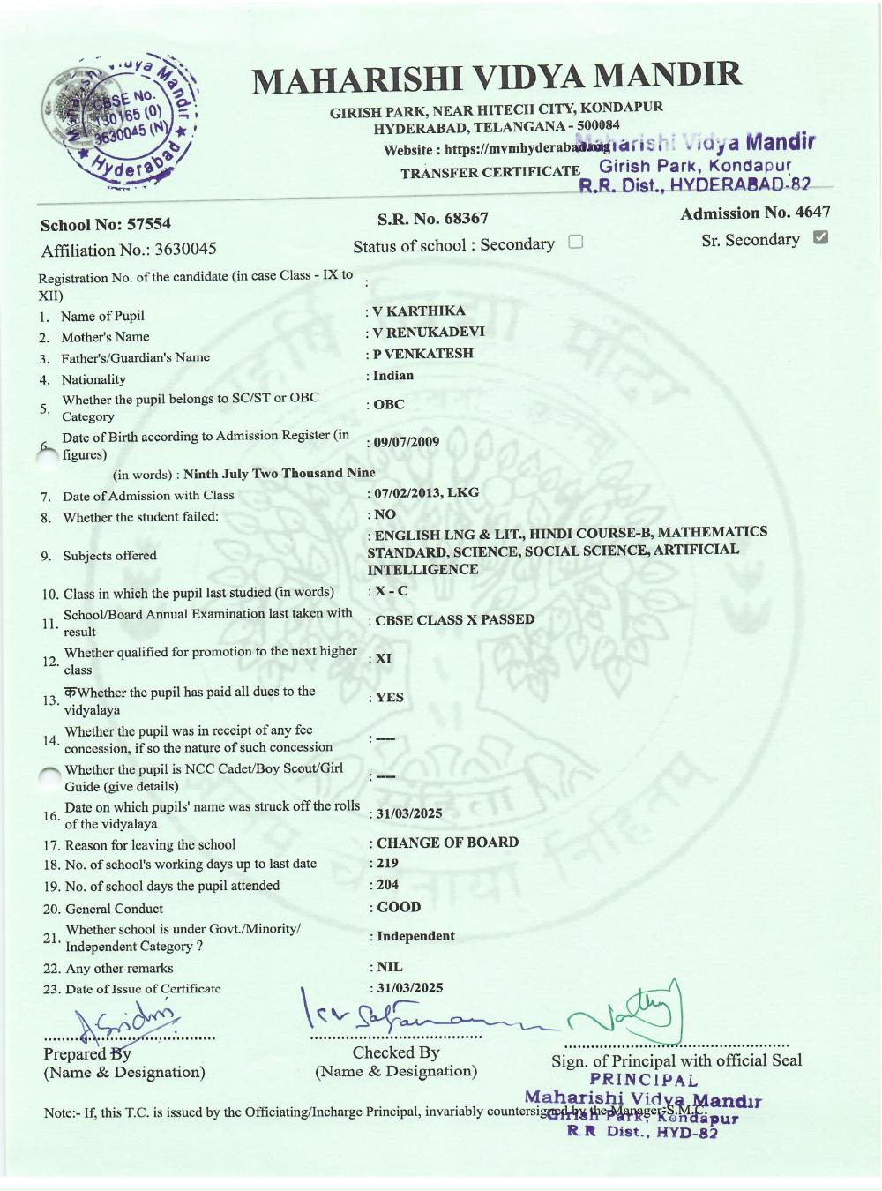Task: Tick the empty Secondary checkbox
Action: click(x=576, y=242)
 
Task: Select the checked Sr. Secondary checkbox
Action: click(x=820, y=237)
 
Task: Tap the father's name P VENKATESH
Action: click(x=423, y=353)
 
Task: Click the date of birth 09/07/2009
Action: click(x=406, y=442)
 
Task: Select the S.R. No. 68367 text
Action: click(x=432, y=218)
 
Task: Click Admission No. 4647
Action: click(x=755, y=213)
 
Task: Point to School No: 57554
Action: click(x=106, y=225)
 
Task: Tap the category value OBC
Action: click(x=389, y=404)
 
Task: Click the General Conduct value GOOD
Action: click(x=399, y=907)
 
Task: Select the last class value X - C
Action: click(x=392, y=591)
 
